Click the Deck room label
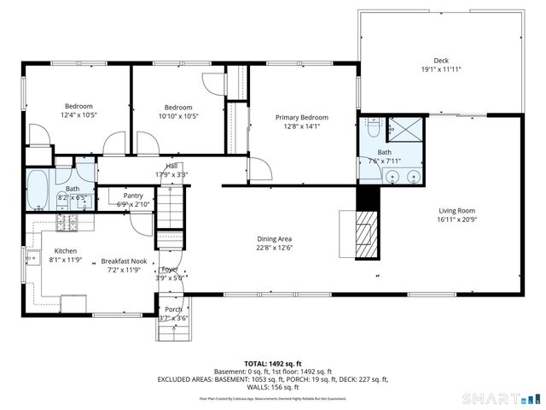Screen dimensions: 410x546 click(x=440, y=60)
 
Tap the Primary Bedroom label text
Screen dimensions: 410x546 click(x=301, y=118)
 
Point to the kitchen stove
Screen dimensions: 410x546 click(x=67, y=224)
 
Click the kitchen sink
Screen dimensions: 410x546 click(x=35, y=258)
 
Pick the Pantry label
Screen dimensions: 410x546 click(x=132, y=196)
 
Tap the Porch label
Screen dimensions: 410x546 click(x=173, y=309)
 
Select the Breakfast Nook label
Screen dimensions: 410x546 click(x=124, y=261)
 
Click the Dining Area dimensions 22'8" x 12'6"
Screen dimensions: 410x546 click(x=275, y=249)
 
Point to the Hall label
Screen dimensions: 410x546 click(x=171, y=167)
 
